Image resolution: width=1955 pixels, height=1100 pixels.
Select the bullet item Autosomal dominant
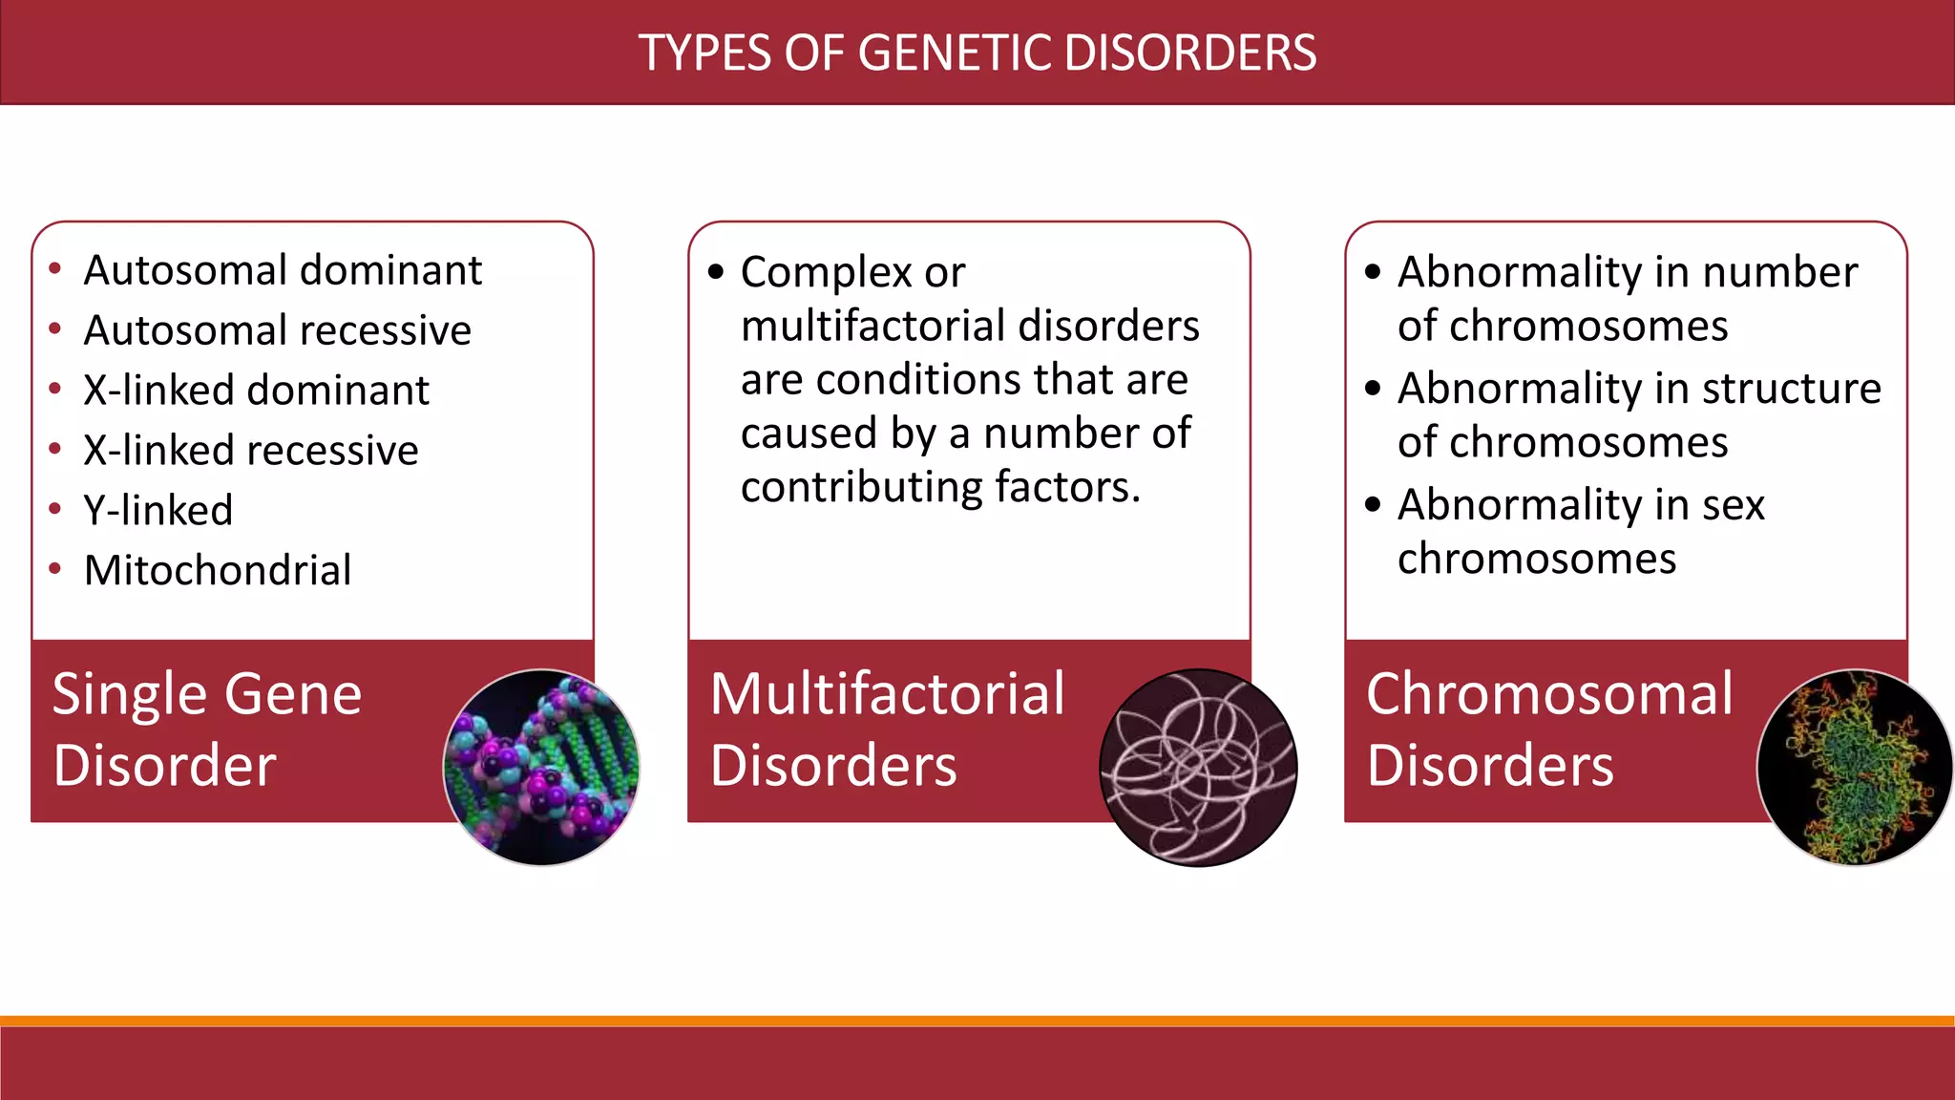pyautogui.click(x=283, y=270)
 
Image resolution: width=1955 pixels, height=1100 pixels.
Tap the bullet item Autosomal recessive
pyautogui.click(x=277, y=330)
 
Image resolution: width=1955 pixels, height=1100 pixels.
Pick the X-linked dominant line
pyautogui.click(x=256, y=391)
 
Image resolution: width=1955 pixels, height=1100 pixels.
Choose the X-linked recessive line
pyautogui.click(x=250, y=451)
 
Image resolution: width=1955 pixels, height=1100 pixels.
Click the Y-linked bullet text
pyautogui.click(x=158, y=511)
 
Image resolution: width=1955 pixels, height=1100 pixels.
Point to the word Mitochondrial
pyautogui.click(x=218, y=571)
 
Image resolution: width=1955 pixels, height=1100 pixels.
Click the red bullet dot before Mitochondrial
pyautogui.click(x=55, y=570)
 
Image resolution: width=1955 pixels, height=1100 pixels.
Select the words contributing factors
pyautogui.click(x=940, y=487)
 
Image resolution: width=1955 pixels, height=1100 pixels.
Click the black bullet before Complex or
pyautogui.click(x=716, y=272)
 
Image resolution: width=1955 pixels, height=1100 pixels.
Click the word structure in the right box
pyautogui.click(x=1791, y=389)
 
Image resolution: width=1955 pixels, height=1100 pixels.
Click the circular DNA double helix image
pyautogui.click(x=541, y=768)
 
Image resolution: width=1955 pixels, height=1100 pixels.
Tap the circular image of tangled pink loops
pyautogui.click(x=1198, y=768)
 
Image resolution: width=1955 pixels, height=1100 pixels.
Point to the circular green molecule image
pyautogui.click(x=1854, y=768)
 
